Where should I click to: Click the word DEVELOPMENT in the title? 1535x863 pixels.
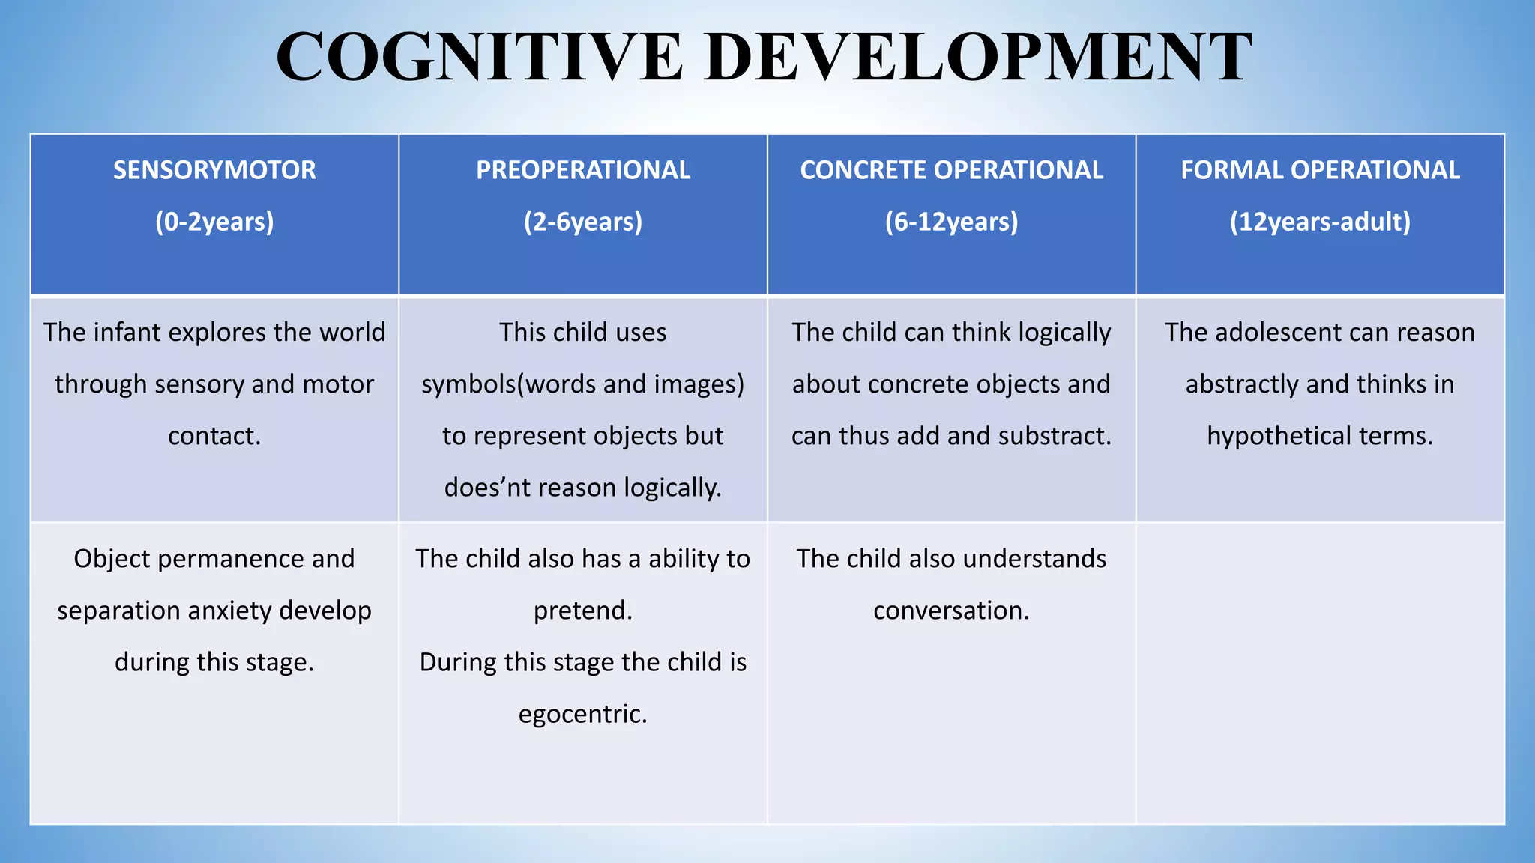978,57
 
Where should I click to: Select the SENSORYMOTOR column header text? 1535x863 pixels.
214,170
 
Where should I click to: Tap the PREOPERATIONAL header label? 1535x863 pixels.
583,170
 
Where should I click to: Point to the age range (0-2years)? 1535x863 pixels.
214,222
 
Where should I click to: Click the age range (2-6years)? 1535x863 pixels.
583,222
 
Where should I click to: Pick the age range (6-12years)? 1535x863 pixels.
951,222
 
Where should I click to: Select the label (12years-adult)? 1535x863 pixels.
1320,222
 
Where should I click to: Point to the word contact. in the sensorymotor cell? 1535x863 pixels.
214,436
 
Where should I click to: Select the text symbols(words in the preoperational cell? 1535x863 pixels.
509,384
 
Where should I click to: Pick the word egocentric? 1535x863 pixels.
583,714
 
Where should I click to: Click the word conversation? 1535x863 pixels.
951,611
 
